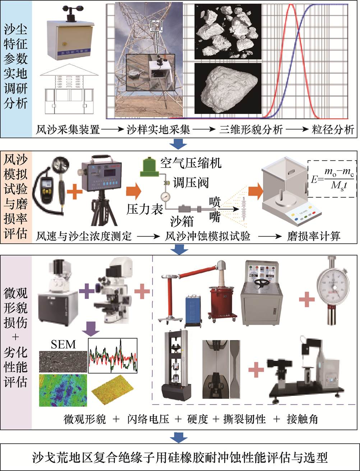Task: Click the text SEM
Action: click(x=63, y=344)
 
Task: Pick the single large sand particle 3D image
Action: click(x=227, y=88)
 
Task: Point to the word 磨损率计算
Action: click(x=314, y=236)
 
